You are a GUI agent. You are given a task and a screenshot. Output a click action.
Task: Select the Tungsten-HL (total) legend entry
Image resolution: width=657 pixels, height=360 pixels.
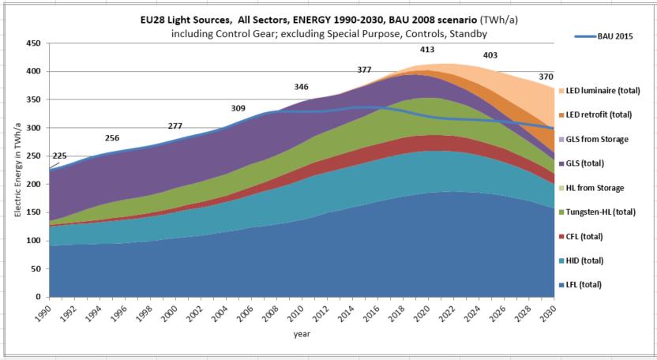604,212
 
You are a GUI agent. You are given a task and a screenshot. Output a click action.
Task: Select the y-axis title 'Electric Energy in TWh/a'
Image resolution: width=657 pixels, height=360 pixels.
17,169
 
